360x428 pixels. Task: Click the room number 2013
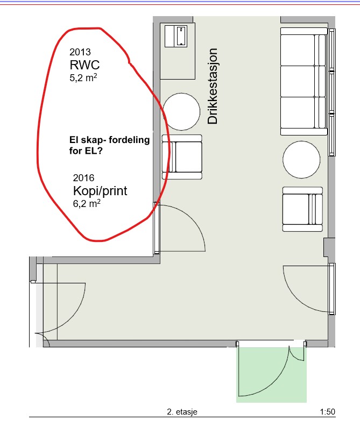(x=80, y=52)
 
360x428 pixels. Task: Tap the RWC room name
(x=84, y=65)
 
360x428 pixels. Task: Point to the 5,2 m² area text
(x=83, y=78)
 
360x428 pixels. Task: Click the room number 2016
(x=83, y=178)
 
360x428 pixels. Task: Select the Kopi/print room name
(x=100, y=191)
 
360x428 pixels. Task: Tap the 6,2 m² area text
(x=87, y=204)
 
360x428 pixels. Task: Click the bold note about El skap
(x=110, y=145)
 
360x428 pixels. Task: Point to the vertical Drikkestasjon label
(x=212, y=86)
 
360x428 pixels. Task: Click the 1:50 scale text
(x=328, y=411)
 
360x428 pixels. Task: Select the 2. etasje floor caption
(x=182, y=411)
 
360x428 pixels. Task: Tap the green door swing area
(x=271, y=374)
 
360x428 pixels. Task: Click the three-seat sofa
(x=303, y=81)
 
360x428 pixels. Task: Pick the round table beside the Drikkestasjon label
(x=181, y=111)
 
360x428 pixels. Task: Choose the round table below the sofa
(x=301, y=160)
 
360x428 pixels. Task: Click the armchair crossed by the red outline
(x=182, y=157)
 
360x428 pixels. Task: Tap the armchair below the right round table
(x=302, y=209)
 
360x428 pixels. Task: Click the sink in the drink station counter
(x=181, y=36)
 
